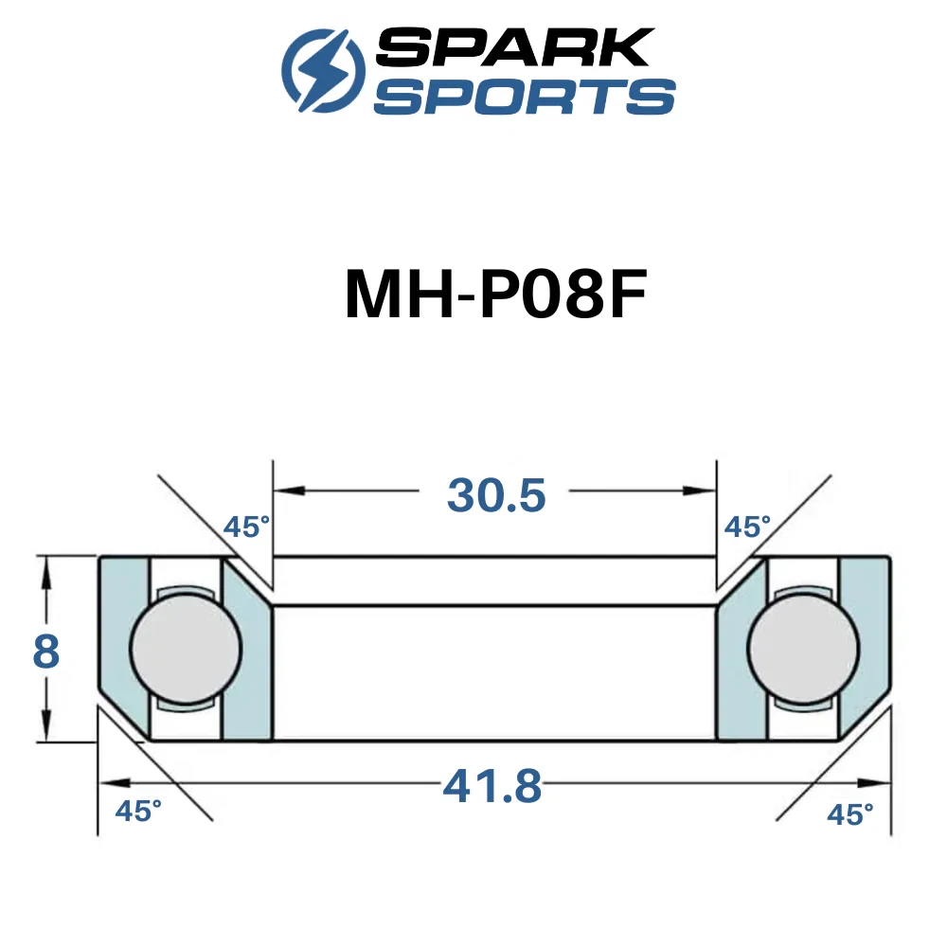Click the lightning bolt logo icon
[323, 70]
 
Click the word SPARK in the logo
[515, 47]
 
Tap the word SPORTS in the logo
[525, 96]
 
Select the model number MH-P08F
[496, 294]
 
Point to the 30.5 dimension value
[496, 495]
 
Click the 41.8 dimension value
[492, 786]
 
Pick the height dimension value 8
[45, 652]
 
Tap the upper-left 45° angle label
[246, 527]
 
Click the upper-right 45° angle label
[747, 527]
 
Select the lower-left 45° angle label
[138, 812]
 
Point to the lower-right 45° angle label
[849, 814]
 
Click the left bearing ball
[186, 648]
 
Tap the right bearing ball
[803, 648]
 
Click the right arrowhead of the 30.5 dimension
[701, 491]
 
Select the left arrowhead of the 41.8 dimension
[115, 783]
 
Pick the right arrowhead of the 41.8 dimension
[875, 783]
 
